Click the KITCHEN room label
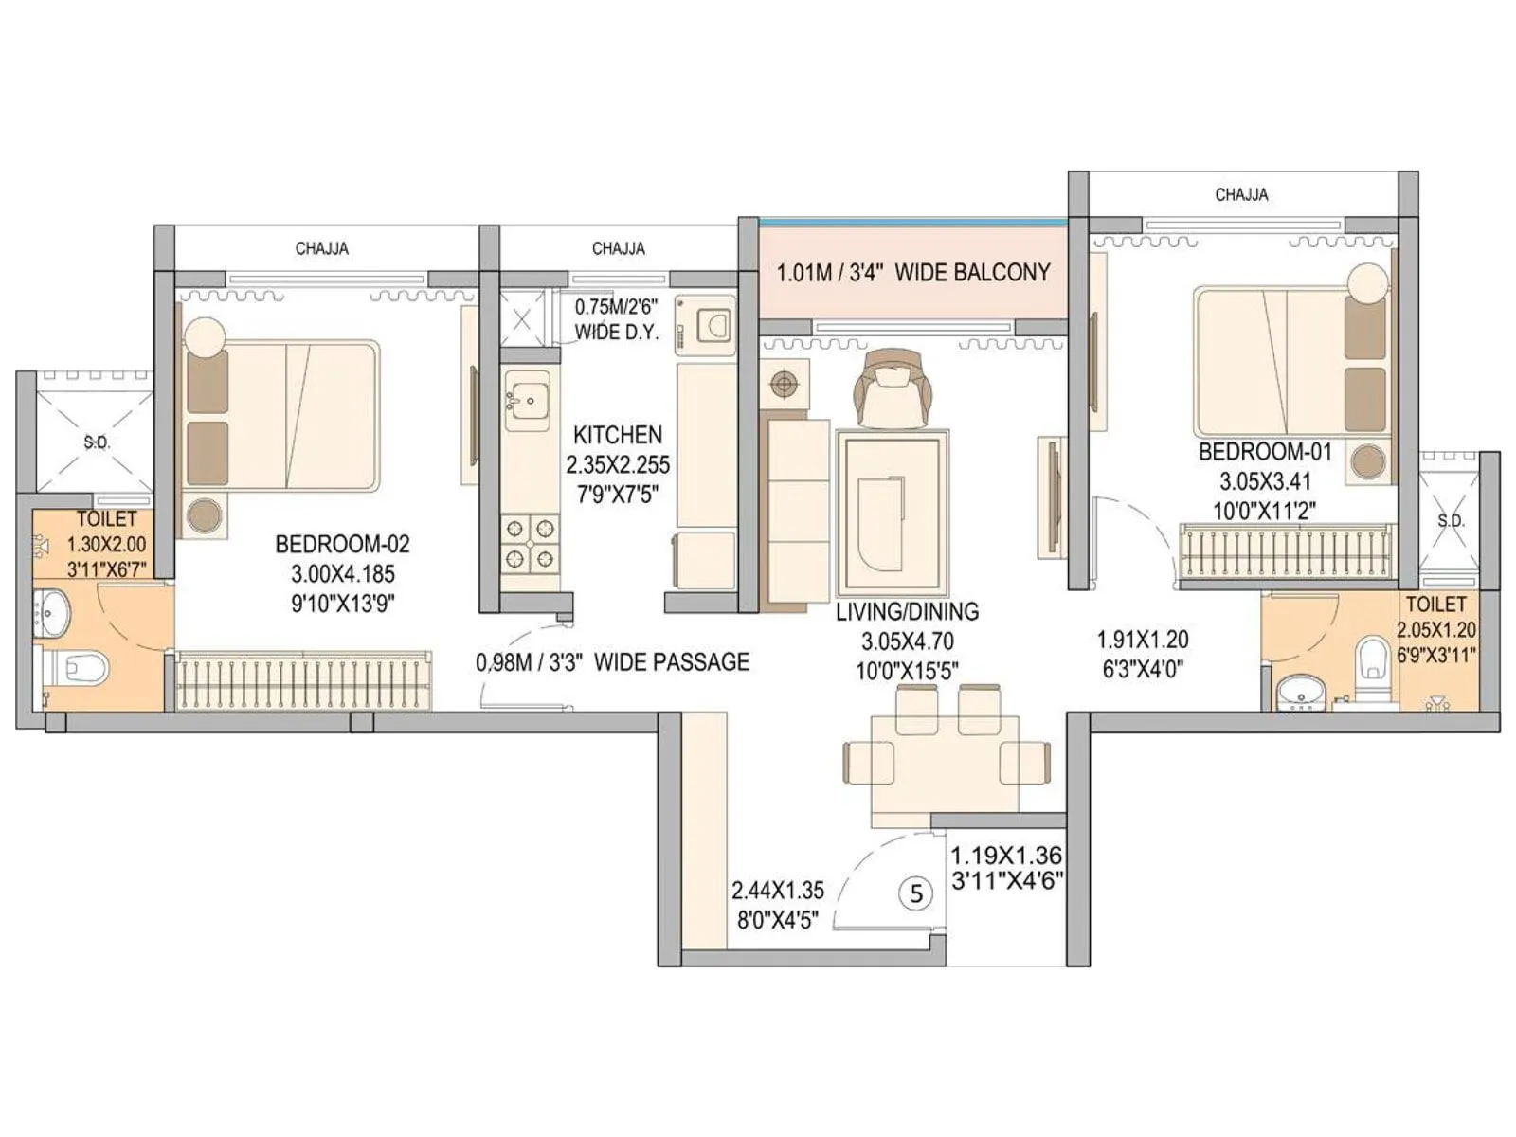pyautogui.click(x=617, y=435)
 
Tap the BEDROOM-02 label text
pyautogui.click(x=342, y=544)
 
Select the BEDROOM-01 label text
pyautogui.click(x=1265, y=452)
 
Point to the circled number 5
pyautogui.click(x=915, y=893)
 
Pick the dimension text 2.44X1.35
pyautogui.click(x=777, y=891)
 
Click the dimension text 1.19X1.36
pyautogui.click(x=1006, y=856)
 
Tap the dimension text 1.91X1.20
pyautogui.click(x=1142, y=640)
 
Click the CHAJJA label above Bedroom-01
pyautogui.click(x=1241, y=194)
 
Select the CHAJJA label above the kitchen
pyautogui.click(x=618, y=248)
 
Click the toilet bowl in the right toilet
pyautogui.click(x=1372, y=659)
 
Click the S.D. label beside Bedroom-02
pyautogui.click(x=96, y=442)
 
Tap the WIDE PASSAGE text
pyautogui.click(x=671, y=661)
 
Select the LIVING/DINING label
pyautogui.click(x=907, y=611)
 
